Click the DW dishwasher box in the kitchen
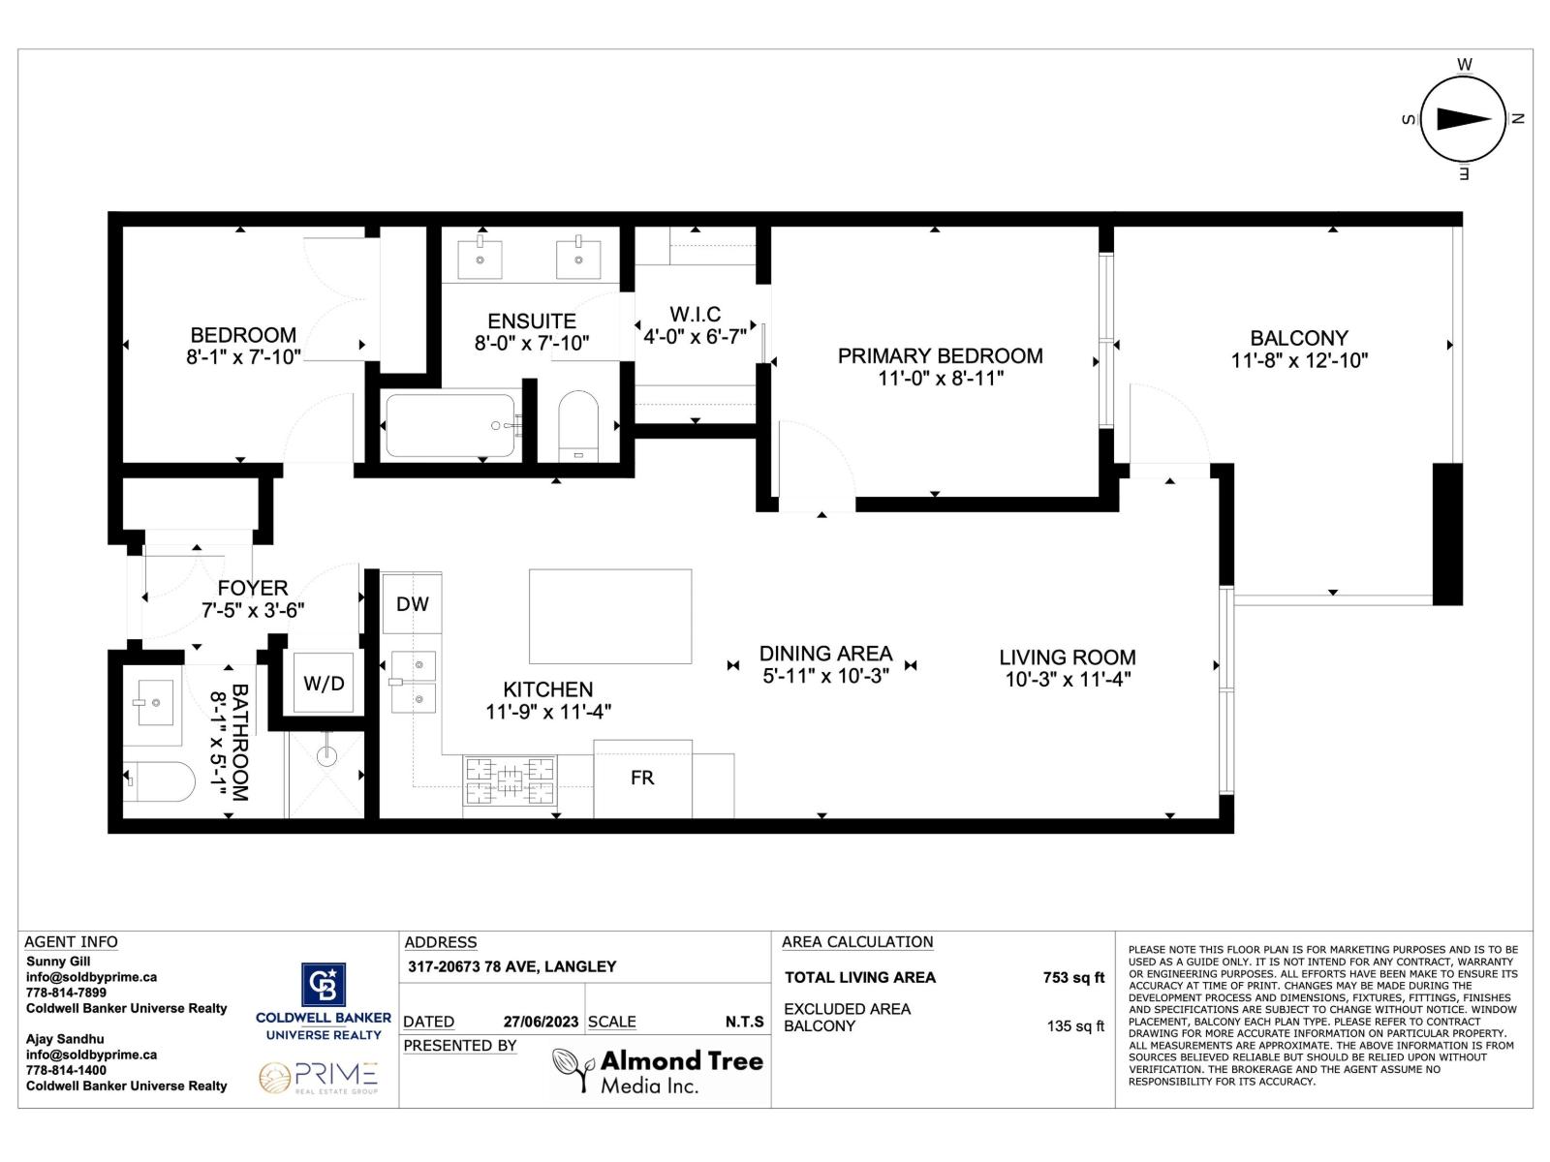tap(412, 604)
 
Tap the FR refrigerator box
tap(642, 778)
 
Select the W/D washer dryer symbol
tap(324, 684)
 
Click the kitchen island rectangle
tap(610, 616)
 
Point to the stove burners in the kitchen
tap(511, 781)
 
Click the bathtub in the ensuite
tap(450, 425)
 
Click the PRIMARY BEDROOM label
tap(940, 356)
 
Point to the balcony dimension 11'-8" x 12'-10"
tap(1298, 361)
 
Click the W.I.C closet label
tap(695, 315)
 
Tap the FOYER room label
tap(252, 589)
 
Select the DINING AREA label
tap(825, 654)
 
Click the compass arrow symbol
tap(1463, 119)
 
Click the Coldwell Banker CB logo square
tap(324, 985)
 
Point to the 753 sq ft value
tap(1072, 978)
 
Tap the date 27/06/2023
tap(541, 1022)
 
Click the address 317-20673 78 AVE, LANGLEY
tap(511, 966)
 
